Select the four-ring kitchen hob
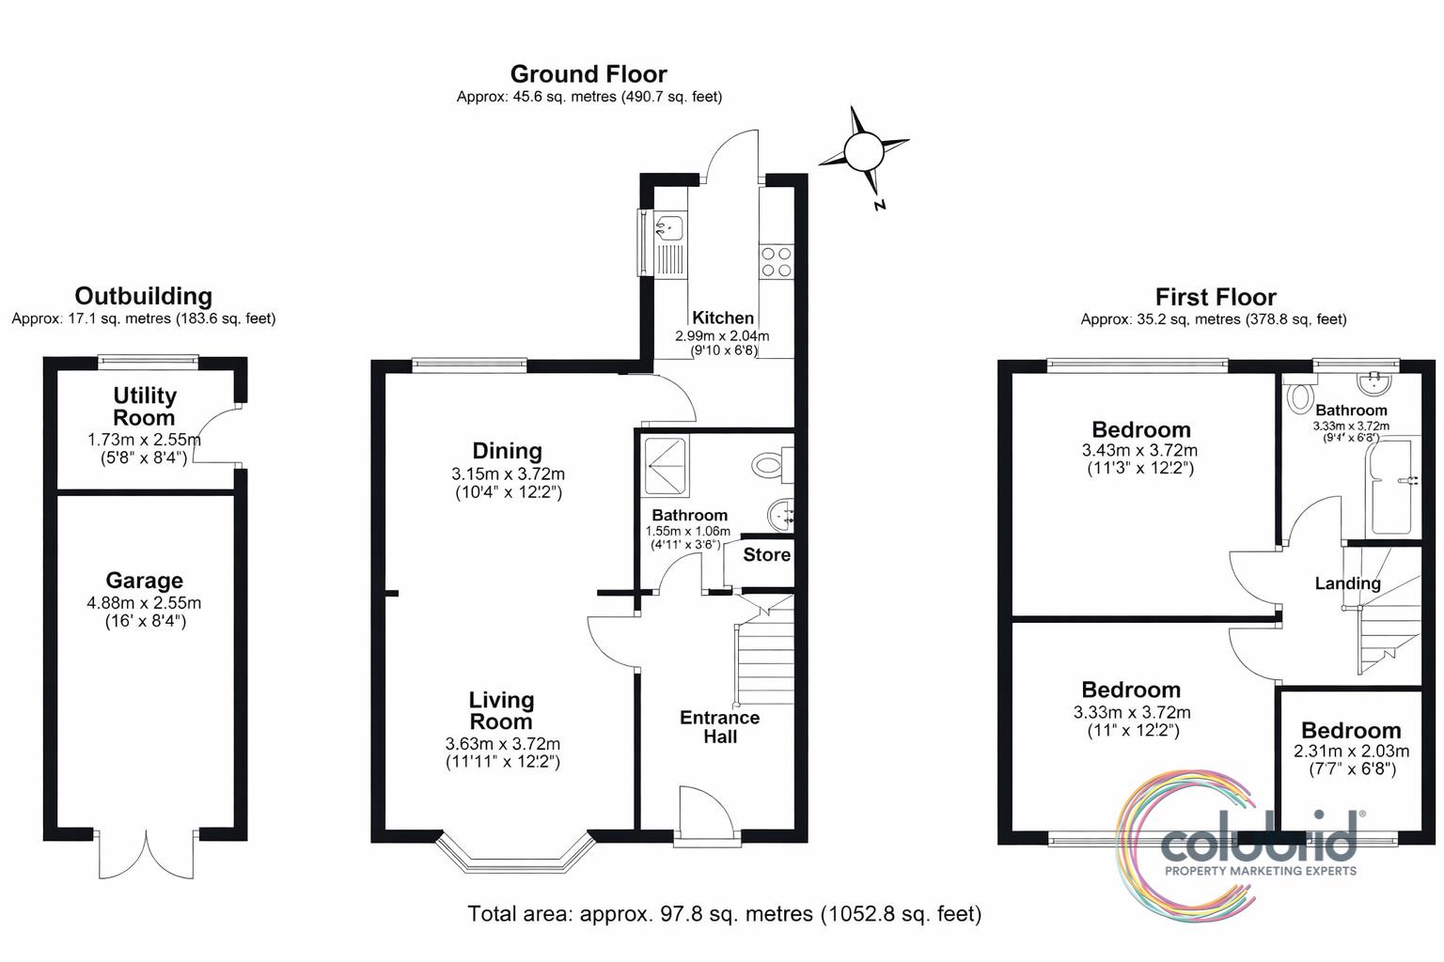click(x=777, y=261)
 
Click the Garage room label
click(x=145, y=581)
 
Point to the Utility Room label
click(x=145, y=406)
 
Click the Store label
click(x=766, y=555)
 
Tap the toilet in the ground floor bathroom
click(x=773, y=464)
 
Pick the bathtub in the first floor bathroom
click(x=1393, y=486)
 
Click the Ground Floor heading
click(x=589, y=74)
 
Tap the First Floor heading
click(x=1216, y=297)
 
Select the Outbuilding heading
click(x=143, y=296)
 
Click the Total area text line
click(x=724, y=914)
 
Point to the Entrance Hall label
click(x=719, y=727)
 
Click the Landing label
click(x=1347, y=583)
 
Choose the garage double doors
click(x=147, y=854)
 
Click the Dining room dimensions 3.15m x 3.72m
click(x=508, y=474)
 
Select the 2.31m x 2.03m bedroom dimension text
click(x=1351, y=752)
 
